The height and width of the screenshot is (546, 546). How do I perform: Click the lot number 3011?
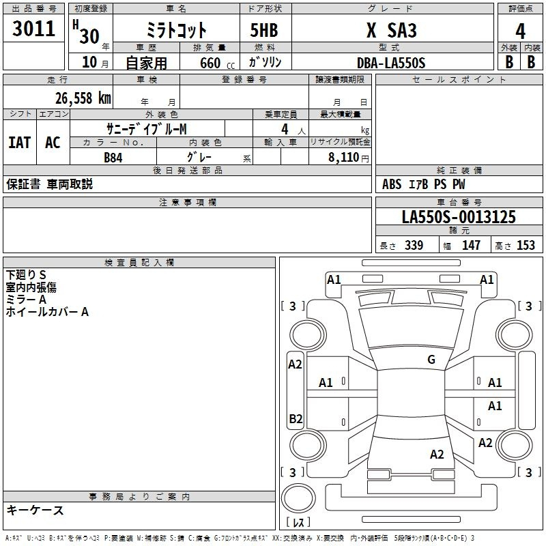[x=33, y=28]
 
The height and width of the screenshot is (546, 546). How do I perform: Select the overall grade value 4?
[x=520, y=31]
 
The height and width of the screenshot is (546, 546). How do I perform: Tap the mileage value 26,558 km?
[x=83, y=98]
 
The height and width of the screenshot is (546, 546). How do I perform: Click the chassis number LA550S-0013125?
[x=459, y=217]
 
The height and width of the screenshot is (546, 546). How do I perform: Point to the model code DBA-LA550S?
[x=391, y=63]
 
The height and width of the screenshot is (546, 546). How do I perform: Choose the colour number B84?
[x=113, y=158]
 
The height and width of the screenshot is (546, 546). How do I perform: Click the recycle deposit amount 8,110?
[x=344, y=157]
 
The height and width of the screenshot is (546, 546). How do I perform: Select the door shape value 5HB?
[x=264, y=30]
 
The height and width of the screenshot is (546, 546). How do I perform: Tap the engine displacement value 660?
[x=210, y=63]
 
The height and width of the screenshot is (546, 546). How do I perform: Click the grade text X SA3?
[x=391, y=30]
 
